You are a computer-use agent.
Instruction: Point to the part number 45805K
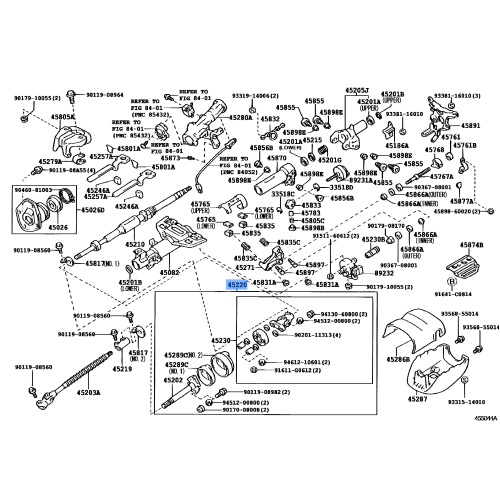(x=35, y=117)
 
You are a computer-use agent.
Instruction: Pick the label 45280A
(x=239, y=117)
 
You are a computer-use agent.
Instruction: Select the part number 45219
(x=122, y=368)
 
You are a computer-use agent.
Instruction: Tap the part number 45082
(x=169, y=271)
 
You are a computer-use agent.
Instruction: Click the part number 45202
(x=173, y=380)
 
